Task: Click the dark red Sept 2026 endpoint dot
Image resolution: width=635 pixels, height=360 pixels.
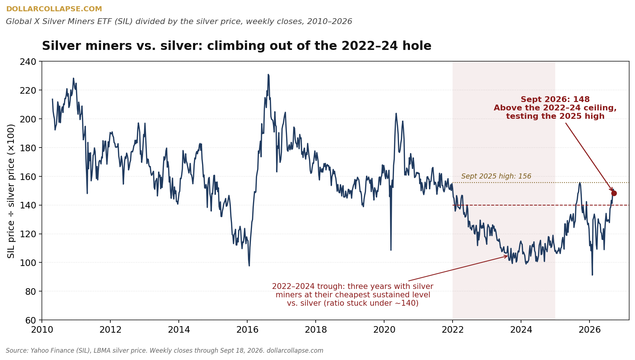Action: (614, 193)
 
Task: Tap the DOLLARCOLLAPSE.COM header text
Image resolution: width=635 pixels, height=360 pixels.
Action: (54, 9)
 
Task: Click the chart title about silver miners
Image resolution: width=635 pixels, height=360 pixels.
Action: (237, 46)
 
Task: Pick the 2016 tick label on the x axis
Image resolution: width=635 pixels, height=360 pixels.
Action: (247, 330)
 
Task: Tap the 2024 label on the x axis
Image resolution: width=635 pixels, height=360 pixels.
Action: (521, 330)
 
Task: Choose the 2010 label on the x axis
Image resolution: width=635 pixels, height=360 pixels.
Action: (42, 330)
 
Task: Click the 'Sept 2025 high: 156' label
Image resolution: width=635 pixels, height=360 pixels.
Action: (496, 176)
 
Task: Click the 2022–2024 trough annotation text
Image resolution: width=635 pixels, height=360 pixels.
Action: (353, 295)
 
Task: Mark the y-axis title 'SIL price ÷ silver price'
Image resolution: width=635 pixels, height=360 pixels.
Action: (11, 191)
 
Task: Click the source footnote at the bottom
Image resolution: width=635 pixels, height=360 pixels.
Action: (165, 351)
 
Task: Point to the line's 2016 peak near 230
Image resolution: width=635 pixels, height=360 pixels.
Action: (268, 75)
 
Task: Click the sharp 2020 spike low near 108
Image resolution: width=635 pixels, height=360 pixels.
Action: (391, 250)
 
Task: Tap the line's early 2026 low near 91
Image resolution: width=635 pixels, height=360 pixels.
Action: (592, 274)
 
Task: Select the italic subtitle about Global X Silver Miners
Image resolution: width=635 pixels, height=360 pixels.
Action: (179, 22)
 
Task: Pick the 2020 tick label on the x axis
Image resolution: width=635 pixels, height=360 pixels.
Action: (384, 330)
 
